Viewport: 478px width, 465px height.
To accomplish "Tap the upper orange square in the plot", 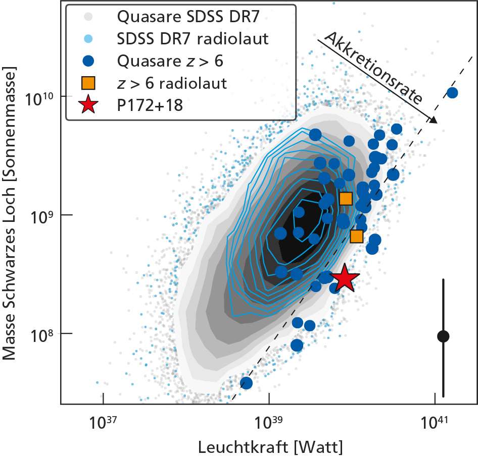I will coord(346,199).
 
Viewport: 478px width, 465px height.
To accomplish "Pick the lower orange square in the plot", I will coord(357,236).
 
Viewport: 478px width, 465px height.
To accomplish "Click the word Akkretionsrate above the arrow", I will coord(373,68).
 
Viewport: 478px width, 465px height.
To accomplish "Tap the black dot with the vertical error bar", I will coord(443,336).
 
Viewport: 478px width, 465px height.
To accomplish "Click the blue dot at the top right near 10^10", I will coord(452,93).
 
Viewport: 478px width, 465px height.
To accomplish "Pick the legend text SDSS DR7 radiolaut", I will coord(192,38).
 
